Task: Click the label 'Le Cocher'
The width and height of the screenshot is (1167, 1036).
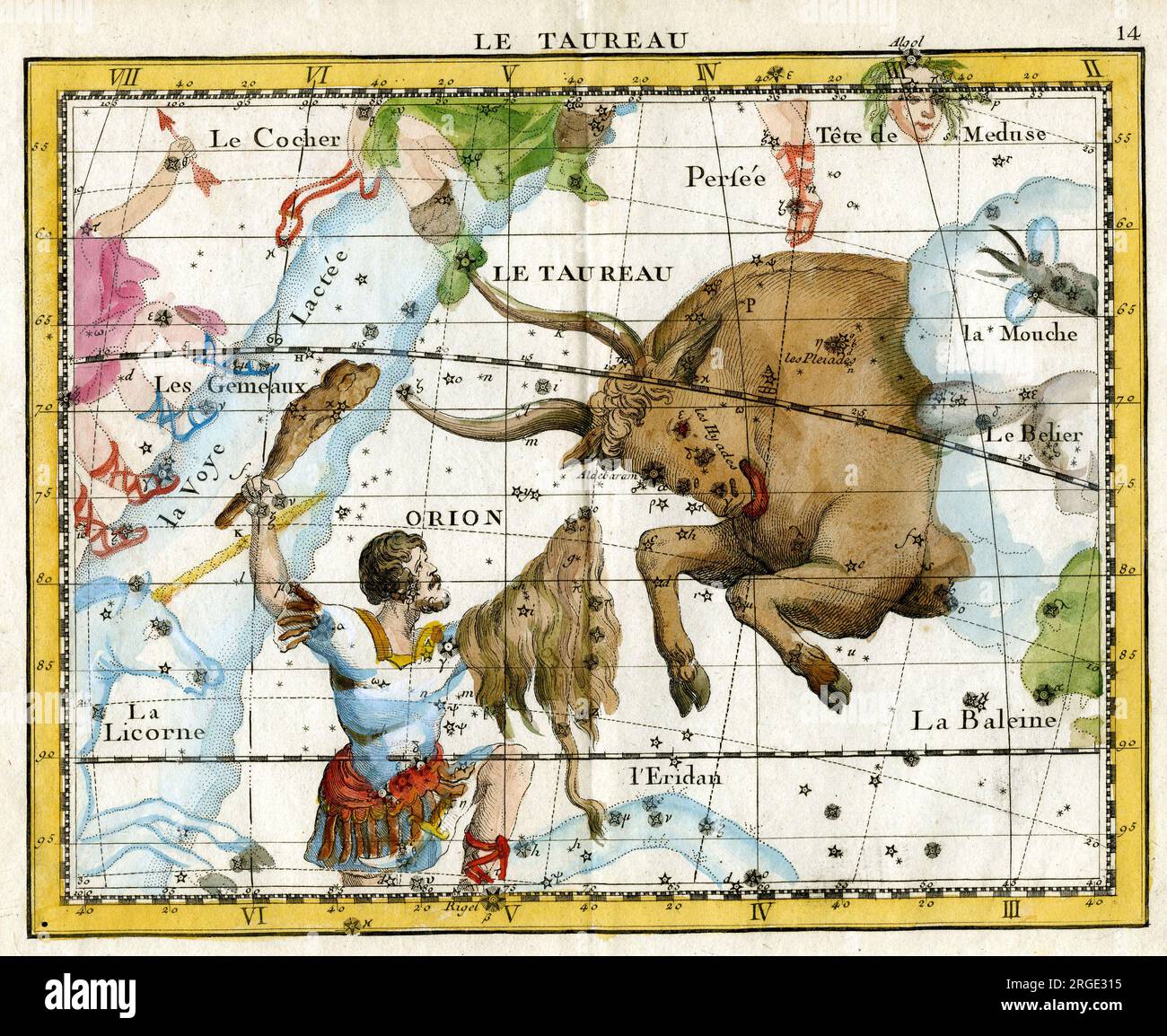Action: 275,139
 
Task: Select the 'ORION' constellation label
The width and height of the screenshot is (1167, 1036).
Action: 453,518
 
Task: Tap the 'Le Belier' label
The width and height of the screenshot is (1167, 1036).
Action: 1034,435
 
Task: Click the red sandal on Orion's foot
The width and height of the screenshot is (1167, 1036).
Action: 489,857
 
